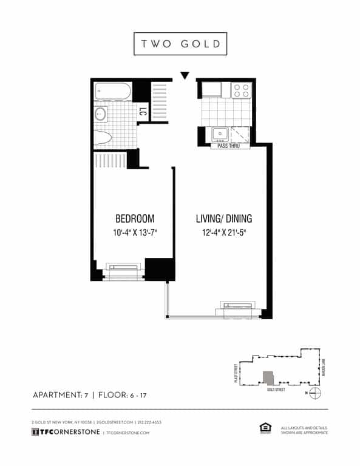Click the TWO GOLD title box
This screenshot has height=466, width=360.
[180, 44]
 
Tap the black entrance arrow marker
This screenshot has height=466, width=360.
[185, 76]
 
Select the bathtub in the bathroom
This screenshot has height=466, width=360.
[112, 92]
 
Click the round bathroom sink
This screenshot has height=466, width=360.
[101, 114]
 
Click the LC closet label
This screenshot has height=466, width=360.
[143, 112]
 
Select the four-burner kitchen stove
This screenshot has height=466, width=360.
[242, 90]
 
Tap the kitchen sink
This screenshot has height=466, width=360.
[219, 133]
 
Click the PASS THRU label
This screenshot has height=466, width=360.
[223, 146]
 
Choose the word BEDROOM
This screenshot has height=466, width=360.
[134, 218]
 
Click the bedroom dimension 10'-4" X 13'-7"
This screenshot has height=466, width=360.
[134, 232]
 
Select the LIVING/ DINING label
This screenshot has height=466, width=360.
[223, 218]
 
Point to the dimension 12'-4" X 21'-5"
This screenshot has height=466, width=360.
[223, 232]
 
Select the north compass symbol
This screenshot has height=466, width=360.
[314, 393]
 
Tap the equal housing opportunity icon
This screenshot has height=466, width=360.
[265, 428]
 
